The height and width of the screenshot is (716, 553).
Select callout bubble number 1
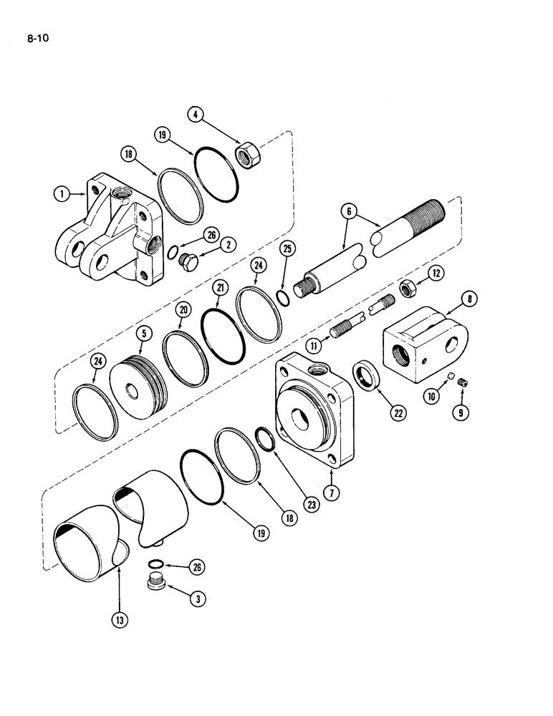point(63,193)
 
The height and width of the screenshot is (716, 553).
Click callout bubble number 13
point(118,619)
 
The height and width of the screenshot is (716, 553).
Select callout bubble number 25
point(288,248)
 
